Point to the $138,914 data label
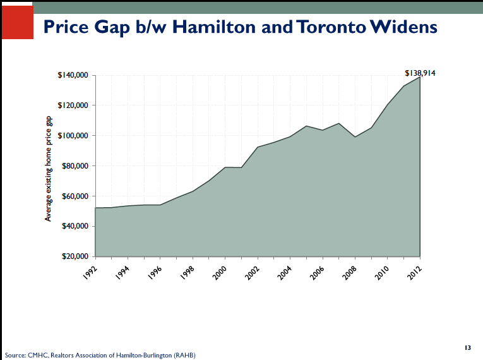tap(420, 73)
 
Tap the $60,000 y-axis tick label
tap(73, 196)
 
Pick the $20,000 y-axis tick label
tap(73, 256)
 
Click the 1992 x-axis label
tap(90, 269)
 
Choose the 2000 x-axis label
tap(220, 269)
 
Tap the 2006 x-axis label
tap(318, 269)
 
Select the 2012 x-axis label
tap(415, 269)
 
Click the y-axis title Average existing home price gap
tap(48, 169)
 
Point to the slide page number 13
tap(468, 348)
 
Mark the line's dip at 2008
tap(355, 137)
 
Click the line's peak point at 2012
tap(420, 78)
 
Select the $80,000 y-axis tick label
tap(73, 166)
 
